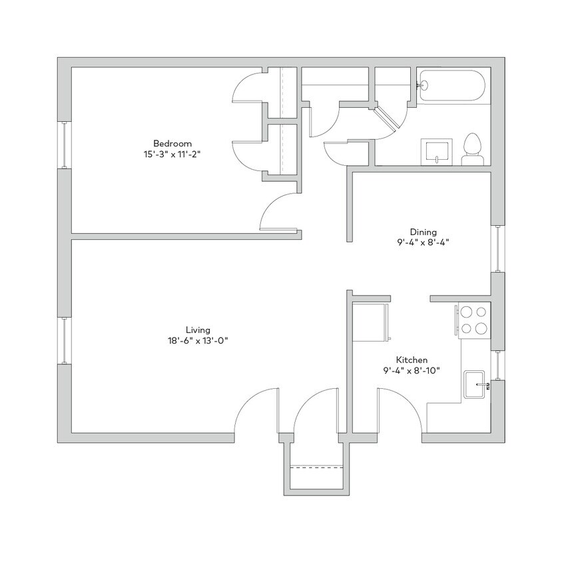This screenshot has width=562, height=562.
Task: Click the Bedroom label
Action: point(172,143)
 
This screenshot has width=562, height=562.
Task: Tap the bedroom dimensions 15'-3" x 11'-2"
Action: point(172,154)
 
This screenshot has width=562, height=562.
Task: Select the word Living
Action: point(198,330)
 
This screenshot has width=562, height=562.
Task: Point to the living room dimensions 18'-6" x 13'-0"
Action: point(198,340)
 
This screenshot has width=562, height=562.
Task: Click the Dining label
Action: point(423,232)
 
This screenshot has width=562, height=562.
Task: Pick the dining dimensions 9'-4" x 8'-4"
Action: point(423,242)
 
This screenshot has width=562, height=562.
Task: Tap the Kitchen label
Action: point(412,360)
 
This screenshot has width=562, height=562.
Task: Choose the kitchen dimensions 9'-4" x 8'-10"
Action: point(412,370)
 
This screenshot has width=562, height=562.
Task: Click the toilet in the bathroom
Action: point(472,150)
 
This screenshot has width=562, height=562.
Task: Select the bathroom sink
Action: point(436,151)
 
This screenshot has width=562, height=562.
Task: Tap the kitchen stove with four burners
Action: point(473,319)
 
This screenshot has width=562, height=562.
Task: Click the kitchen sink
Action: point(477,385)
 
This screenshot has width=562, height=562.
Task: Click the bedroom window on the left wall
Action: point(65,144)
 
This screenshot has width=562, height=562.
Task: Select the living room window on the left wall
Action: point(65,340)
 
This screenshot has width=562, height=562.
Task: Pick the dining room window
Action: point(497,249)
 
